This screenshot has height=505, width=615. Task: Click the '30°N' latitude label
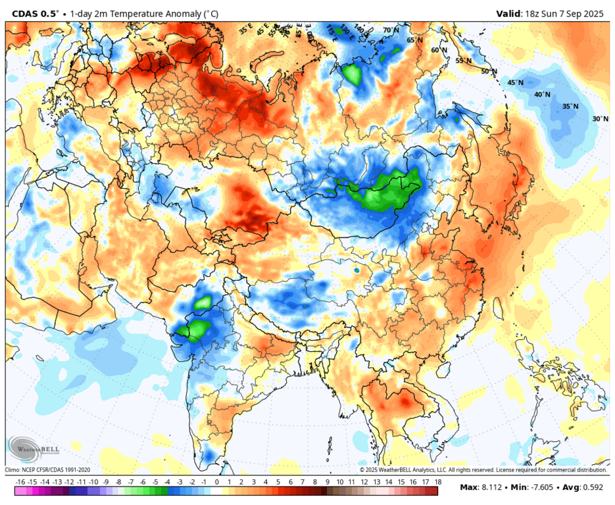point(600,119)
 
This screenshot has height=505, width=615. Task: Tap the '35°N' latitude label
point(570,107)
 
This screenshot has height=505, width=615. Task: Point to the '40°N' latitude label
point(542,95)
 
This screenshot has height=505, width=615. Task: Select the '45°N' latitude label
point(515,83)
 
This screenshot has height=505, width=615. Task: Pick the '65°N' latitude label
point(414,40)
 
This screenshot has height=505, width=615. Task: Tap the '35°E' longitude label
point(245,30)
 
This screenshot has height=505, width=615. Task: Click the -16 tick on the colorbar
point(20,482)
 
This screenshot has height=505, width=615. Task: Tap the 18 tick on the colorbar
point(437,482)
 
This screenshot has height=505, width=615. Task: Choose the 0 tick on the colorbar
point(217,482)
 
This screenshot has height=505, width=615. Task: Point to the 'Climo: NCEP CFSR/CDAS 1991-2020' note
point(48,469)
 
